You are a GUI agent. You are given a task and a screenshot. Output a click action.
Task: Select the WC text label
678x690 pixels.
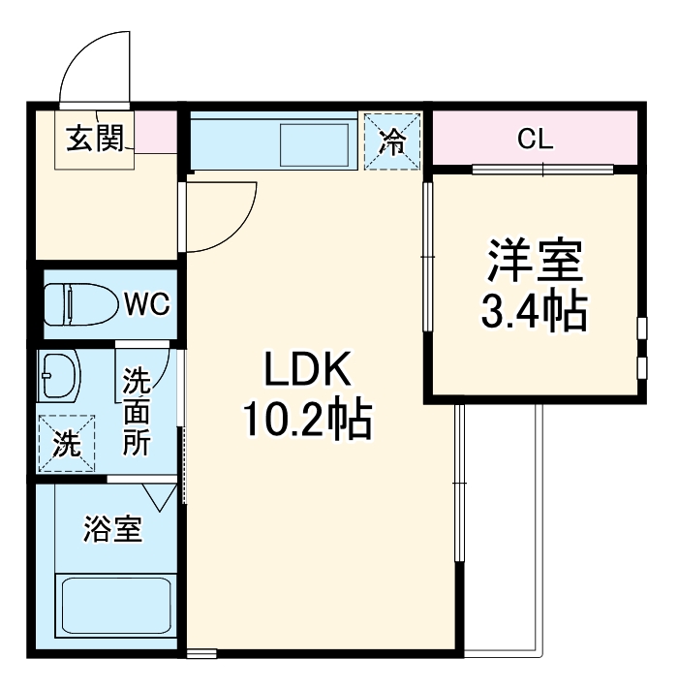point(146,304)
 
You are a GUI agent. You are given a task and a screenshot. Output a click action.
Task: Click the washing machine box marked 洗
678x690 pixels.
point(67,444)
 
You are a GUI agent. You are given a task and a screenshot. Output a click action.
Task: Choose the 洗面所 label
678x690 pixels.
point(137,412)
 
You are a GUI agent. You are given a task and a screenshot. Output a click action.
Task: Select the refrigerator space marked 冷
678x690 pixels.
point(392,142)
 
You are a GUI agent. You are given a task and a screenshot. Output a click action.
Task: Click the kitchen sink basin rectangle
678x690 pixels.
point(309,143)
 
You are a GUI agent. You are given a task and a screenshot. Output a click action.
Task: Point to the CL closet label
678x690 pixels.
point(535,140)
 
